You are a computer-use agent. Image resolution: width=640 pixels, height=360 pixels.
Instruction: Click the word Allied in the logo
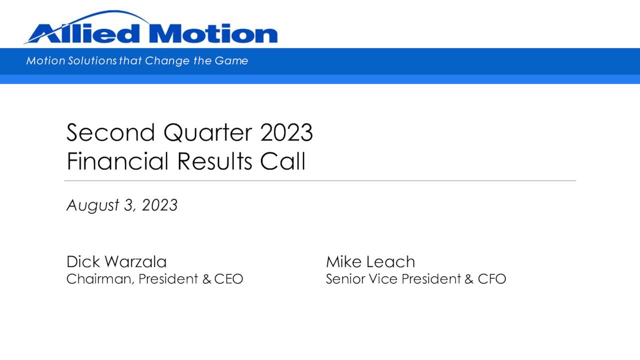[83, 34]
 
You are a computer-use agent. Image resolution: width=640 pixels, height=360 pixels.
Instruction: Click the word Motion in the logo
[212, 34]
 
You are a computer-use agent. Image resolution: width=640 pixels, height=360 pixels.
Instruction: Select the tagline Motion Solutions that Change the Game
[137, 61]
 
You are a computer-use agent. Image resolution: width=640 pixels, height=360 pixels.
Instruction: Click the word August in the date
[93, 205]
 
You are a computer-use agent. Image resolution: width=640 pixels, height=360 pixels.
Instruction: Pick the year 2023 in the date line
[159, 205]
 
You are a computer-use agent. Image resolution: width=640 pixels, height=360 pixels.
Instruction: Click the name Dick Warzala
[116, 261]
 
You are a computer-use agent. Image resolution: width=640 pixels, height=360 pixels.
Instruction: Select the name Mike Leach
[370, 261]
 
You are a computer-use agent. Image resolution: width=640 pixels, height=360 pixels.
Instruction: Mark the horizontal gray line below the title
[320, 180]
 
